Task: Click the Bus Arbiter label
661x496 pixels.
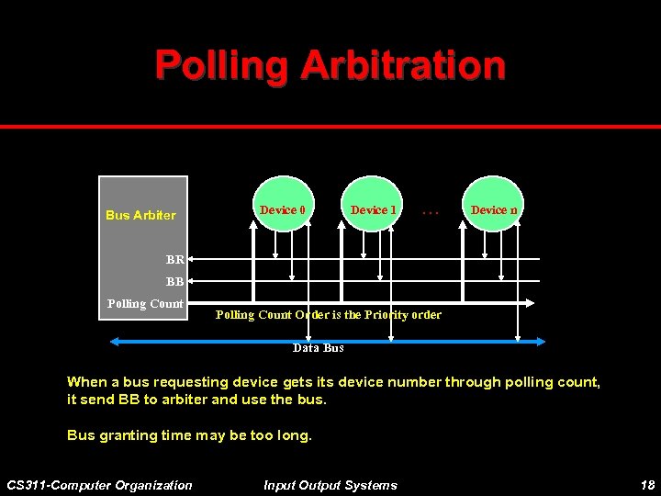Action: [140, 215]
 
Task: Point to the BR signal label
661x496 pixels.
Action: [174, 260]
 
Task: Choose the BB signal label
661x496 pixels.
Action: [174, 282]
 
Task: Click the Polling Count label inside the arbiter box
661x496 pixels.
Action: [145, 304]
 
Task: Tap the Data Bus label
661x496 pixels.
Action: [318, 348]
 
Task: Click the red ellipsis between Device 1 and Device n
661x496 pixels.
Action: [431, 211]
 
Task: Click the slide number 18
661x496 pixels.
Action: [645, 485]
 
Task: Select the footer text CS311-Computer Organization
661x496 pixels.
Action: [99, 485]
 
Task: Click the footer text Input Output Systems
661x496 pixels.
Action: [330, 485]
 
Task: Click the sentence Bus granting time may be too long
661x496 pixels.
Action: [189, 435]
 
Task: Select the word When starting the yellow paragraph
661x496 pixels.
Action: [87, 382]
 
